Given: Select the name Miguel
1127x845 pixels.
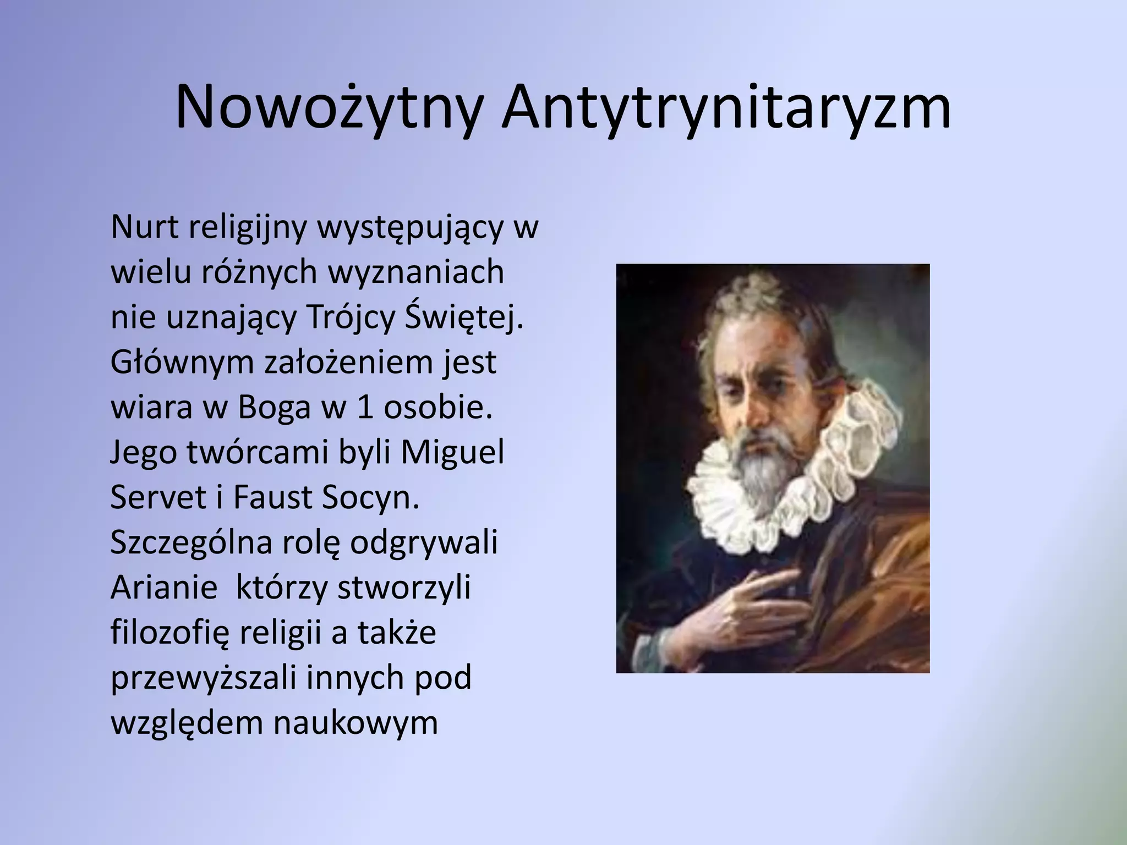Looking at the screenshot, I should pyautogui.click(x=451, y=452).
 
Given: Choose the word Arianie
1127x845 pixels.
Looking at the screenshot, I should pyautogui.click(x=164, y=587).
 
